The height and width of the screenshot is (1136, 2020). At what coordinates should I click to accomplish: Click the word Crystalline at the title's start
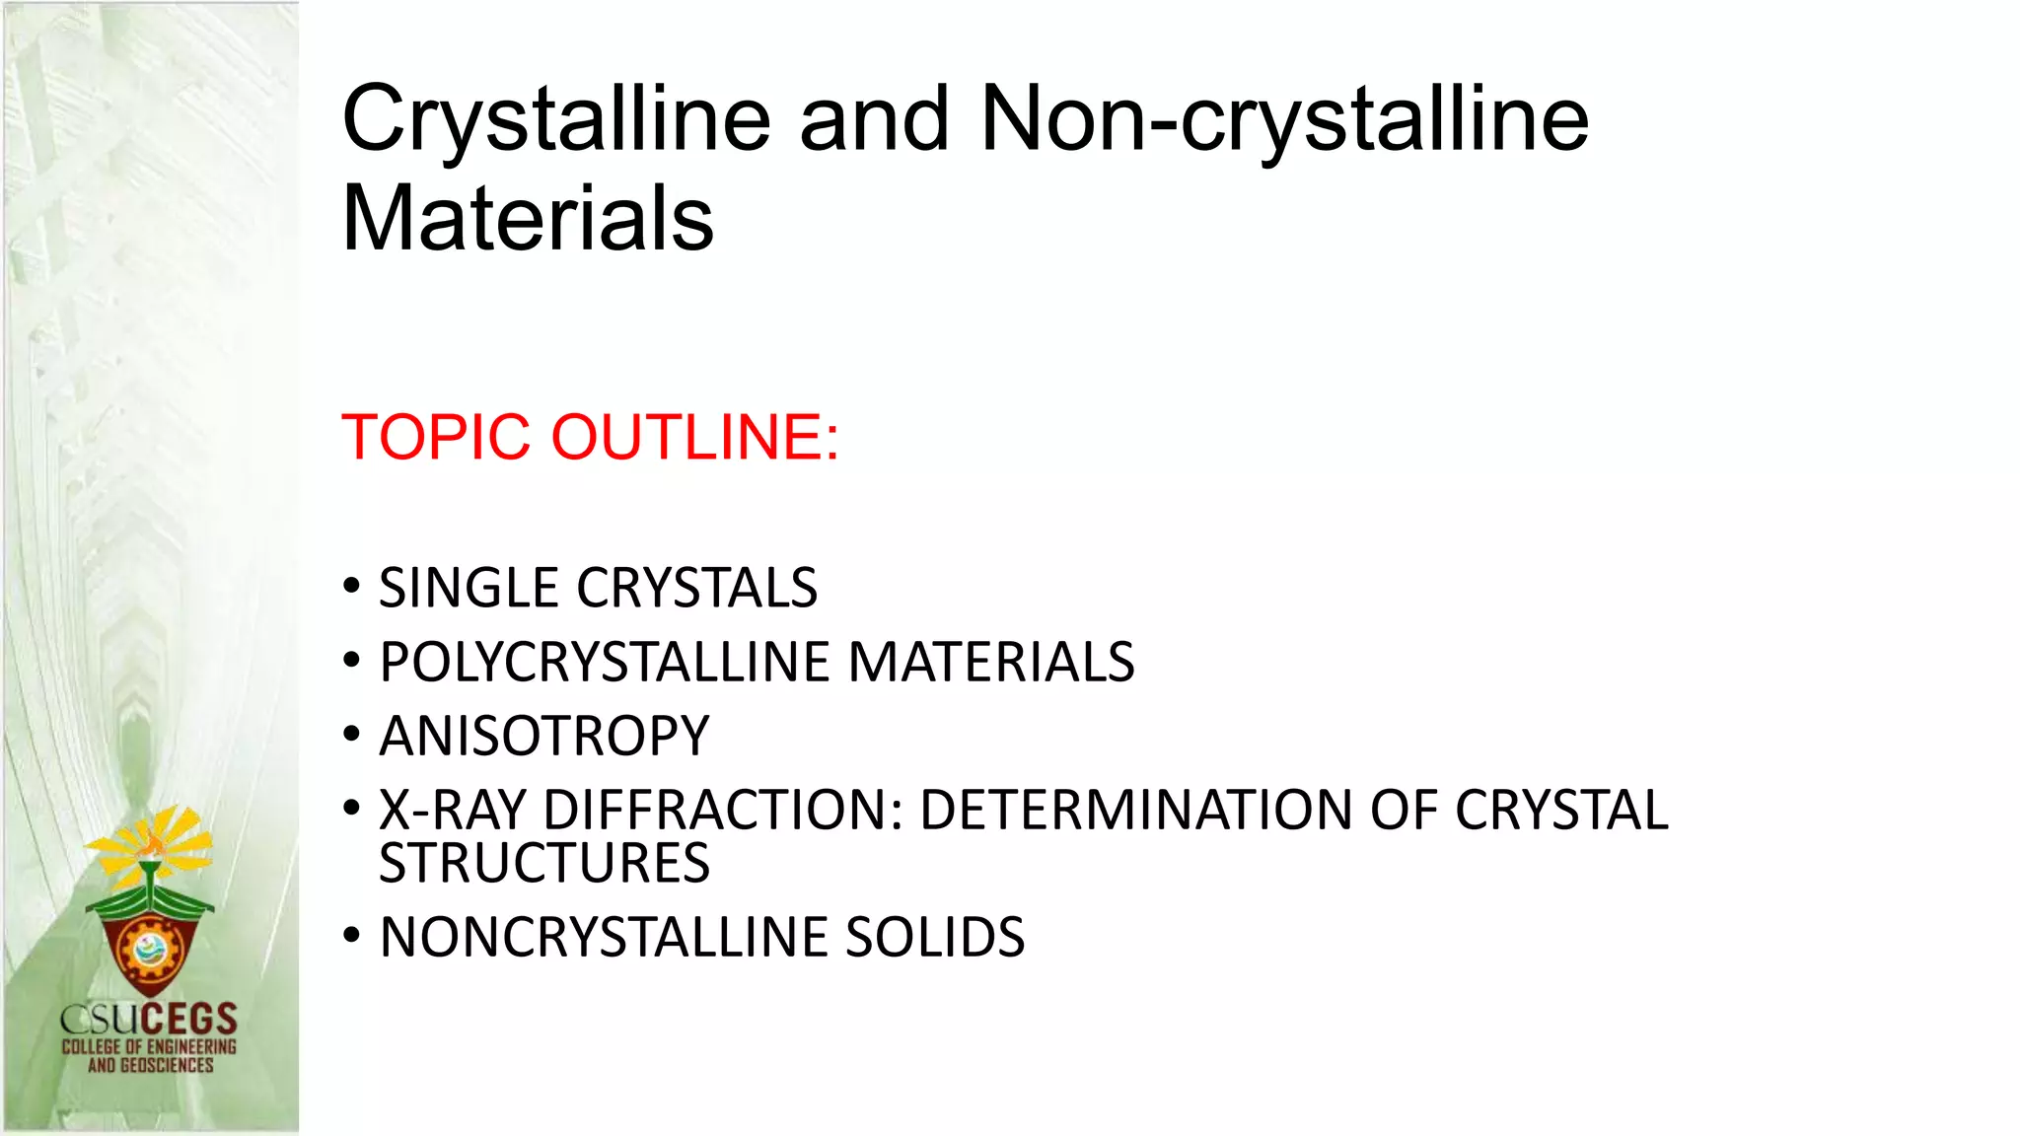tap(555, 120)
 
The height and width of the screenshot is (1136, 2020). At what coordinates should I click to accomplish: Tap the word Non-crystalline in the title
tap(1284, 120)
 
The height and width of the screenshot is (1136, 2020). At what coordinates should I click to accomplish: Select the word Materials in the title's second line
tap(528, 219)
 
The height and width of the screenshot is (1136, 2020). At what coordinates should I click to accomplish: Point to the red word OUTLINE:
tap(694, 437)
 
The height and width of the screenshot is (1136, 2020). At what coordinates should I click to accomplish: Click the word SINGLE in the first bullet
tap(469, 589)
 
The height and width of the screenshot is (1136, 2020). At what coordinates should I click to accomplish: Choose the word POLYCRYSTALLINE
tap(606, 663)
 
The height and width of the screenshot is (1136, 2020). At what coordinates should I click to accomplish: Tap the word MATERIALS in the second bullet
tap(991, 663)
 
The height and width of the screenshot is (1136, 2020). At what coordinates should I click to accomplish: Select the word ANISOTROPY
tap(544, 737)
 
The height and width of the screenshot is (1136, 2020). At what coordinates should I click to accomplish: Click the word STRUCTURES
tap(544, 864)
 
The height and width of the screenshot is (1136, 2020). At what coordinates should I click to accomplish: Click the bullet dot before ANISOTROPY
tap(352, 735)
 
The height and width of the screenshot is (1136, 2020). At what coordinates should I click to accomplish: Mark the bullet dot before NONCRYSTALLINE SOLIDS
tap(352, 936)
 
